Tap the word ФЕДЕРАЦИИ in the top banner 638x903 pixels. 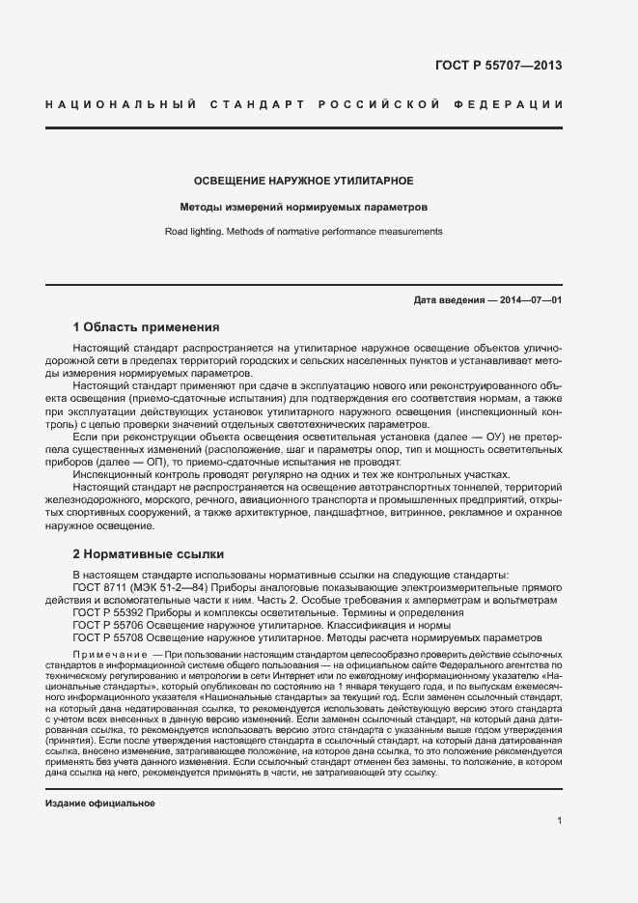click(x=517, y=103)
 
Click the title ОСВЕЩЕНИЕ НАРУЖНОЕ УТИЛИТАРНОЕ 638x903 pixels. click(x=304, y=181)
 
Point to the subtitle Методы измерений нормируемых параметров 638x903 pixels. click(x=304, y=207)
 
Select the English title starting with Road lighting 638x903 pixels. click(x=304, y=232)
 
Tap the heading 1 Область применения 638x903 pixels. click(x=146, y=327)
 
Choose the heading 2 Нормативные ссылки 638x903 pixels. click(x=148, y=554)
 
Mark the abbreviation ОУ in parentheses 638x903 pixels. click(x=493, y=437)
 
